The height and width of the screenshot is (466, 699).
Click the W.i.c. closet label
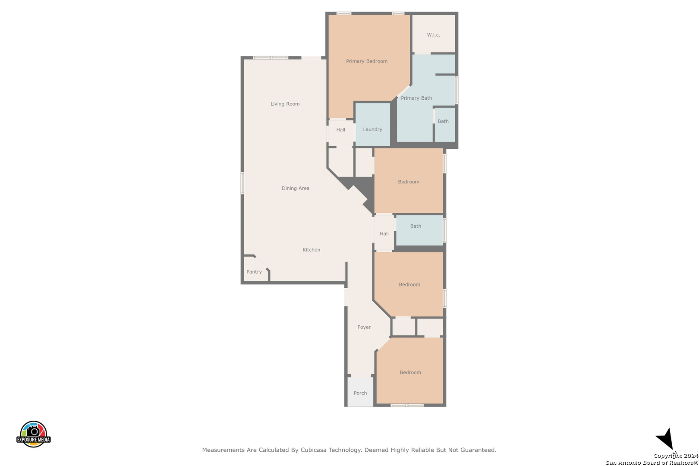point(434,35)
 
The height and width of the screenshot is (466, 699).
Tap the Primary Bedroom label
point(367,61)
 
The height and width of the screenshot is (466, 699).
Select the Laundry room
point(373,124)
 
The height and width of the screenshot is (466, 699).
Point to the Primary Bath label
point(416,98)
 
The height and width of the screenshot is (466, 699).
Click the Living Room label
point(285,104)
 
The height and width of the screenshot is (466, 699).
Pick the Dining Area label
point(296,188)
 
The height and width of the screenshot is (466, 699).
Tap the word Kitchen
point(312,250)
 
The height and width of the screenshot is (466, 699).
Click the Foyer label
point(364,327)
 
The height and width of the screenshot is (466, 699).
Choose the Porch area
point(360,392)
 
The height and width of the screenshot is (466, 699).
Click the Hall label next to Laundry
point(340,129)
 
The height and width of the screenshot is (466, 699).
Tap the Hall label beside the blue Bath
point(384,233)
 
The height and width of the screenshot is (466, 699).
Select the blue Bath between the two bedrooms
point(419,230)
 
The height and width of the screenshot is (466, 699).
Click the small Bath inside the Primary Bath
point(445,125)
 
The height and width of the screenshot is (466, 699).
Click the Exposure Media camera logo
point(33,434)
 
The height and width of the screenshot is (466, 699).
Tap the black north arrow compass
point(665,439)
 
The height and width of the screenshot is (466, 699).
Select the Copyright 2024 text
point(676,456)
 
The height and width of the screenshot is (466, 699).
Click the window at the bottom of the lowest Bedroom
point(407,405)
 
